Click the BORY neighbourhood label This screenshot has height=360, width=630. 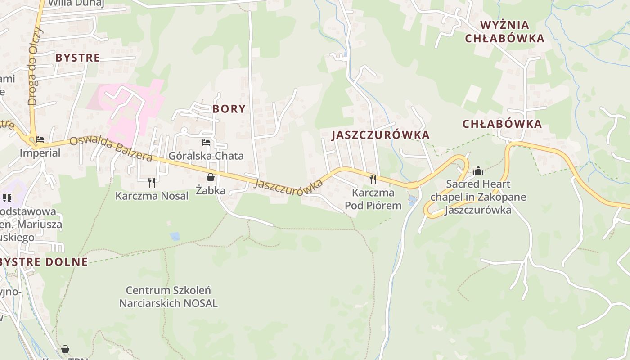(229, 108)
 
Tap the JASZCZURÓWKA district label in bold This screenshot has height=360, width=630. (381, 135)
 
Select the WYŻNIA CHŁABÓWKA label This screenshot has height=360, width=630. (504, 31)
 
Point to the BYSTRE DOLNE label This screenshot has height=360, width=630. (44, 262)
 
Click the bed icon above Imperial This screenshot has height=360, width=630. (40, 139)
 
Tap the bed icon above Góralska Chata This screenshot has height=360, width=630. (206, 143)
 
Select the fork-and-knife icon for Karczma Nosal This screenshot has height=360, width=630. (152, 182)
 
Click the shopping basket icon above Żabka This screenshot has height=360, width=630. (210, 177)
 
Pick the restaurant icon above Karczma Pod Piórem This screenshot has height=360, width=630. (373, 179)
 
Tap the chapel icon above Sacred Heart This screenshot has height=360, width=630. (478, 171)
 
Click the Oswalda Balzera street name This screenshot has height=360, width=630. (111, 149)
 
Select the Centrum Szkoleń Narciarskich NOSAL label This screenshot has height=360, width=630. (168, 297)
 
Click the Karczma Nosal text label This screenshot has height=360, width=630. (152, 196)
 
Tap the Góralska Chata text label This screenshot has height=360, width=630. (206, 156)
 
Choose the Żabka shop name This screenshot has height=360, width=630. (210, 190)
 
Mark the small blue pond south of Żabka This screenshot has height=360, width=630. (175, 236)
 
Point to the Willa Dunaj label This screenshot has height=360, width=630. (76, 4)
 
